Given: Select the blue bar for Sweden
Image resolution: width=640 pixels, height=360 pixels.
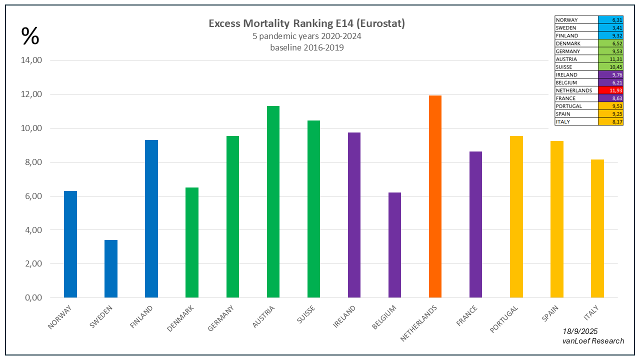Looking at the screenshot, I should click(111, 268).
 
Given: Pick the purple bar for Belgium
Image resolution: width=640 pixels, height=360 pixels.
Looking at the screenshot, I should click(394, 245).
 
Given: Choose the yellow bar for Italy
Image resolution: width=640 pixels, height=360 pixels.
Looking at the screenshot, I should click(597, 228).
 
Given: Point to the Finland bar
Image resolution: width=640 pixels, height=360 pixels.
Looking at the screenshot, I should click(151, 218).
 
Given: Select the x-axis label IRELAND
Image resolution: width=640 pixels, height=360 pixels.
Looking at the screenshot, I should click(345, 318).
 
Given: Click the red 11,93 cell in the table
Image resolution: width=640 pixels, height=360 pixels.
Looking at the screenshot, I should click(610, 90).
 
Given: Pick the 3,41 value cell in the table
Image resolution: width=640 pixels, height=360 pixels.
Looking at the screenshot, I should click(610, 28).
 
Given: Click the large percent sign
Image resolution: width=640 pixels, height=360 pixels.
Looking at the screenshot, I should click(30, 36).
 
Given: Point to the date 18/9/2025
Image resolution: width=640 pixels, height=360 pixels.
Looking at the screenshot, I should click(580, 331).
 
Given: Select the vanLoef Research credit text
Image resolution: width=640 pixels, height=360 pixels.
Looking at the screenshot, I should click(593, 341).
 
